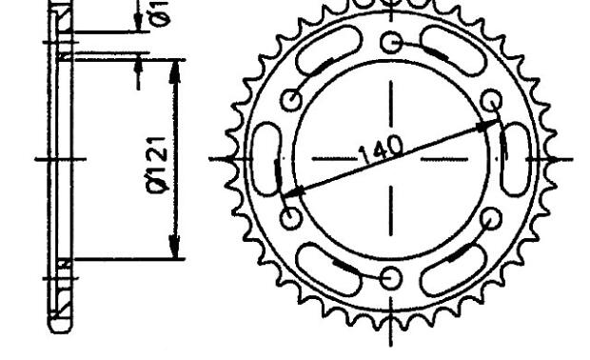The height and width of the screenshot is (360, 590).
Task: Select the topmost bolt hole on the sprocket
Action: click(x=391, y=42)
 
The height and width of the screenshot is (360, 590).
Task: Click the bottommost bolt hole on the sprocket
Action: click(x=391, y=277)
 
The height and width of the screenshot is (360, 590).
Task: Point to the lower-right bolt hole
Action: click(x=491, y=218)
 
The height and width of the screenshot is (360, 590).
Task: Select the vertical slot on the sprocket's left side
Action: click(x=262, y=160)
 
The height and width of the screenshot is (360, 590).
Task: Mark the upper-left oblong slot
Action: click(x=328, y=55)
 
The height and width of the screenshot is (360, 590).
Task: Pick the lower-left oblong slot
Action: click(x=328, y=267)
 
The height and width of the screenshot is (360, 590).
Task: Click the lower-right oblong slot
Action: click(x=453, y=266)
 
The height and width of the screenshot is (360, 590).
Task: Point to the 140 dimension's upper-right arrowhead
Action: click(x=490, y=124)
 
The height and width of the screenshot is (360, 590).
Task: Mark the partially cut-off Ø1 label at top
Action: click(x=160, y=11)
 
